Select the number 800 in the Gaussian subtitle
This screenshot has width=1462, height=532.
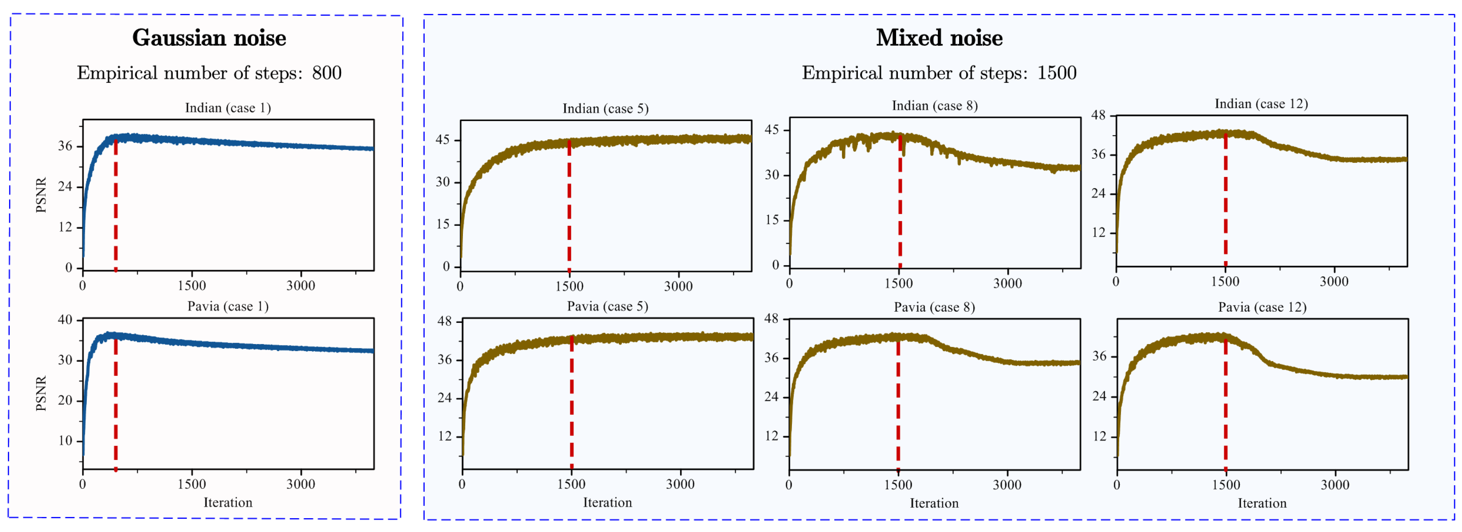click(327, 73)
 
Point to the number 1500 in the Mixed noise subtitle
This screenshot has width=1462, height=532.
click(1057, 73)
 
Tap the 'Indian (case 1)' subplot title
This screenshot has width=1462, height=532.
click(228, 108)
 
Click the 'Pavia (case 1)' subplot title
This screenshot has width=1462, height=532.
click(228, 306)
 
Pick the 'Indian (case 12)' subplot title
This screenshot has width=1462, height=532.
click(1261, 104)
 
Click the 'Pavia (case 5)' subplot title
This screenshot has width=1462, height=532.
click(607, 306)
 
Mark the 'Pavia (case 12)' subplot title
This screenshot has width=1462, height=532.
click(1262, 307)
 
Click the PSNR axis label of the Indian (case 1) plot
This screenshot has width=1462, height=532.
click(41, 196)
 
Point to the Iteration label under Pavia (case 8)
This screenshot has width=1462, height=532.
click(934, 503)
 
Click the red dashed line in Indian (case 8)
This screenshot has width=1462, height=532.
click(900, 204)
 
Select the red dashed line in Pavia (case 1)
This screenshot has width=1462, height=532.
click(116, 403)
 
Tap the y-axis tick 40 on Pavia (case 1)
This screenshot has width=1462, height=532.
click(65, 320)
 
